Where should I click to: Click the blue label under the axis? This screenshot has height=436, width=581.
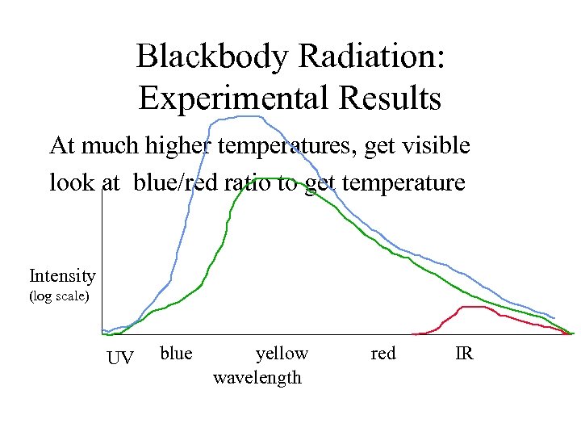point(176,353)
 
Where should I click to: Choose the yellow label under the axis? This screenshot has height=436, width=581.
point(282,353)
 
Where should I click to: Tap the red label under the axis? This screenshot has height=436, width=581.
point(383,353)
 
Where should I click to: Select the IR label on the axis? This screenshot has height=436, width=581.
point(464,353)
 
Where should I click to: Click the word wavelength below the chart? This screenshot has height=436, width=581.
point(257,377)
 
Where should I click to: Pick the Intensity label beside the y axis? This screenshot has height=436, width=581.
point(62,276)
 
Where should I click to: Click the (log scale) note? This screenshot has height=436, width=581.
point(59,296)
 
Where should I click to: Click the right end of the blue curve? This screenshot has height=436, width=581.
point(554,317)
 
